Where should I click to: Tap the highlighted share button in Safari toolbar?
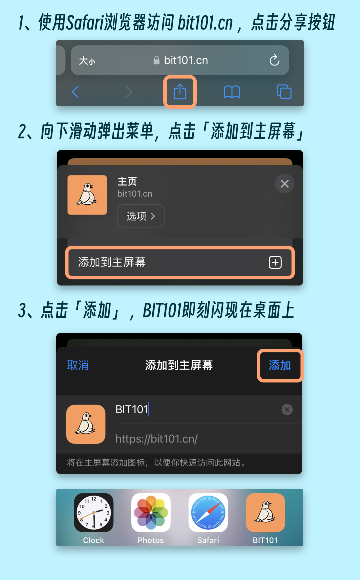coord(180,92)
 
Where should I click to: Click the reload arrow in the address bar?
coord(274,60)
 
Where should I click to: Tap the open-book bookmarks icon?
coord(232,92)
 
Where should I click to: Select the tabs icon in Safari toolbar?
coord(284,92)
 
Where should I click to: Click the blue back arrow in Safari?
coord(75,92)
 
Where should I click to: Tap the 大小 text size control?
coord(87,61)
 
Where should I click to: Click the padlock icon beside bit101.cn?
coord(156,60)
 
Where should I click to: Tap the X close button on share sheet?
coord(285,184)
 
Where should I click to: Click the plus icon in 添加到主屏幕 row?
coord(275,262)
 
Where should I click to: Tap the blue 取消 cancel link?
coord(78,365)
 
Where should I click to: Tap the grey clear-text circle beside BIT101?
coord(287,409)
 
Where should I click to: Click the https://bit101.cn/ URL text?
coord(157,439)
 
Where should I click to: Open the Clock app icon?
coord(94,513)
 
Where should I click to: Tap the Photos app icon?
coord(151,513)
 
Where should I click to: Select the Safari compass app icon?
coord(208,513)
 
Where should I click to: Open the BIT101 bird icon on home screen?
coord(265,513)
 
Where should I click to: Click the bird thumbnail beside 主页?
coord(87,195)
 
